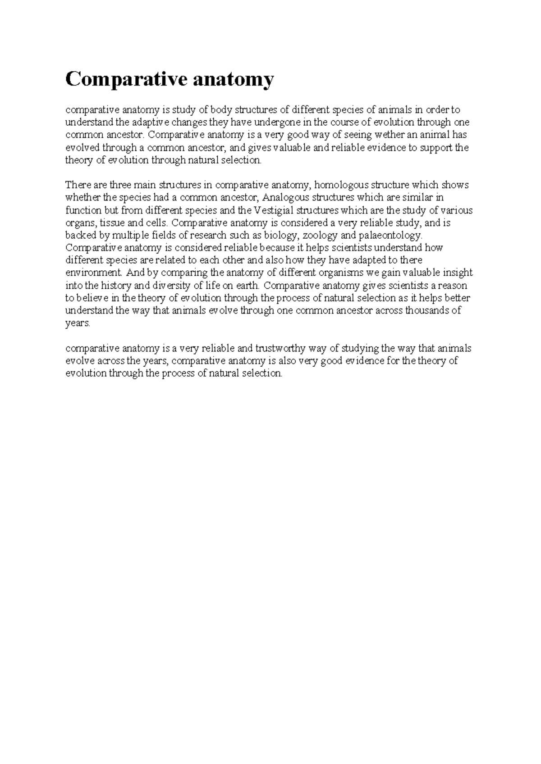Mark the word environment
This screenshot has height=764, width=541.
pos(94,273)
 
